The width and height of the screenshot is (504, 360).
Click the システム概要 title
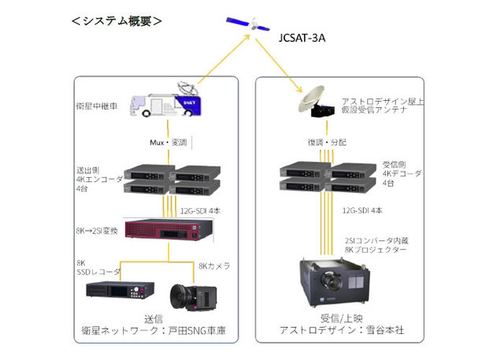click(x=117, y=21)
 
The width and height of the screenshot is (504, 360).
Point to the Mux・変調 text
click(x=168, y=143)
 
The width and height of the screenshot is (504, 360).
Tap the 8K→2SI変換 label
click(x=97, y=230)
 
